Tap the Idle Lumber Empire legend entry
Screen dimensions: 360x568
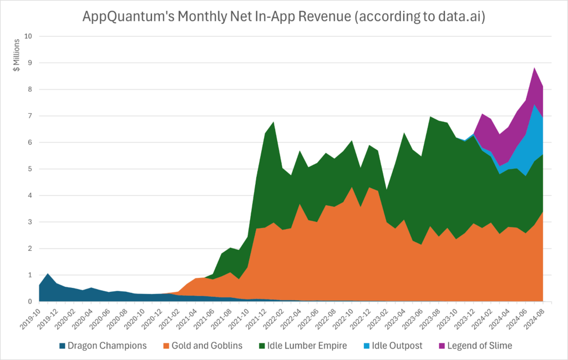[308, 346]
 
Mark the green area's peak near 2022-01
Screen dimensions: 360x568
[273, 123]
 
